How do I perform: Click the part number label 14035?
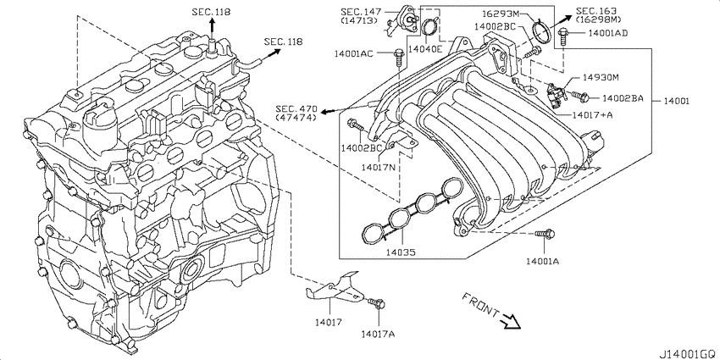(x=401, y=252)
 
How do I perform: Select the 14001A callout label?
(x=543, y=261)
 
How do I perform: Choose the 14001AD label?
(x=607, y=32)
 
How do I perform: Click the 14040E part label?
(x=425, y=48)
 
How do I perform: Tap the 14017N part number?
(x=378, y=167)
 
